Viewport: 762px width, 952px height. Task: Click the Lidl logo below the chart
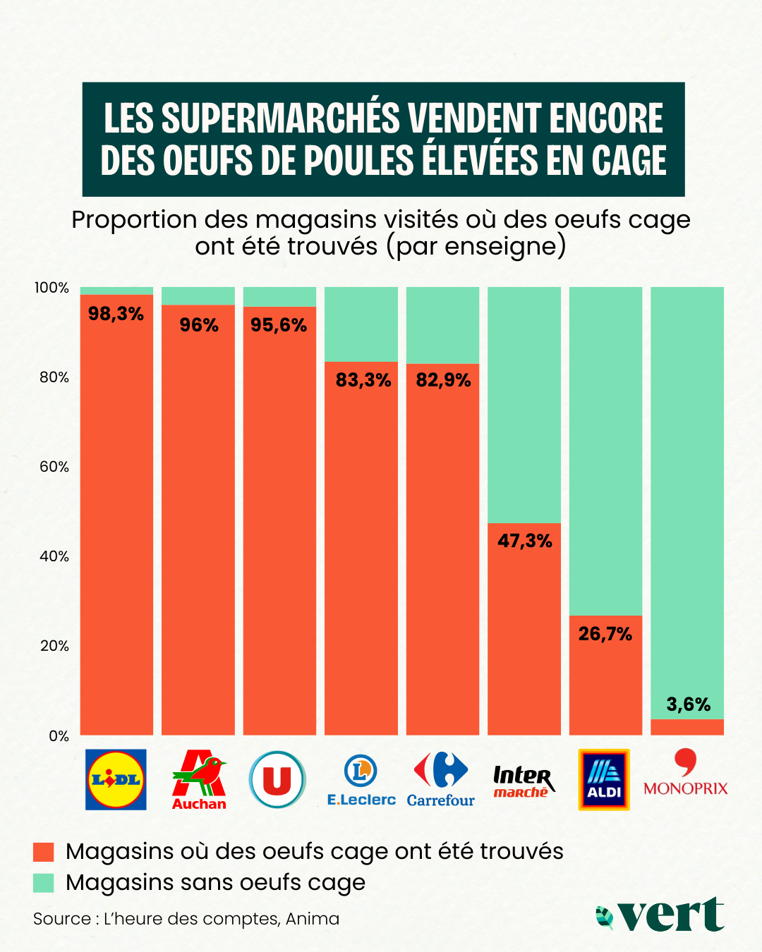(x=116, y=779)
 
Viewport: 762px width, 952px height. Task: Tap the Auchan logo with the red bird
(x=199, y=780)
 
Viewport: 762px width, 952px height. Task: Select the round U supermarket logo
(x=277, y=779)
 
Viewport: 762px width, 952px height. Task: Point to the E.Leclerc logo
(x=361, y=780)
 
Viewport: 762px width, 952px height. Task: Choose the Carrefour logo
(x=441, y=779)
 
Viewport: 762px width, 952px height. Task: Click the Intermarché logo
(x=523, y=781)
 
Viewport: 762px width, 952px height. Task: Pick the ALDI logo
(x=604, y=779)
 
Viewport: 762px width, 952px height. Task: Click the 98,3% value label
(x=116, y=314)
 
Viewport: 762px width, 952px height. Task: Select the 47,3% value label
(x=525, y=541)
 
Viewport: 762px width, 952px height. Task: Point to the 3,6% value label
(x=689, y=704)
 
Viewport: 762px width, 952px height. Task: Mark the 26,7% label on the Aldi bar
(x=605, y=634)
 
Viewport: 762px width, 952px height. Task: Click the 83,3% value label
(x=363, y=380)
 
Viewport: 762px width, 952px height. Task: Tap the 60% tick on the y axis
(x=54, y=467)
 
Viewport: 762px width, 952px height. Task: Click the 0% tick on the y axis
(x=59, y=736)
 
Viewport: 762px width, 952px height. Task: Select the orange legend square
(x=44, y=852)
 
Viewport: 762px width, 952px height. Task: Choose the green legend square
(x=44, y=883)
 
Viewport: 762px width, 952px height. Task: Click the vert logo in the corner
(x=660, y=915)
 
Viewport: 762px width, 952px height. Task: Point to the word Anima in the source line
(x=313, y=919)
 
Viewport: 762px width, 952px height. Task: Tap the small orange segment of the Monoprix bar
(x=687, y=727)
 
